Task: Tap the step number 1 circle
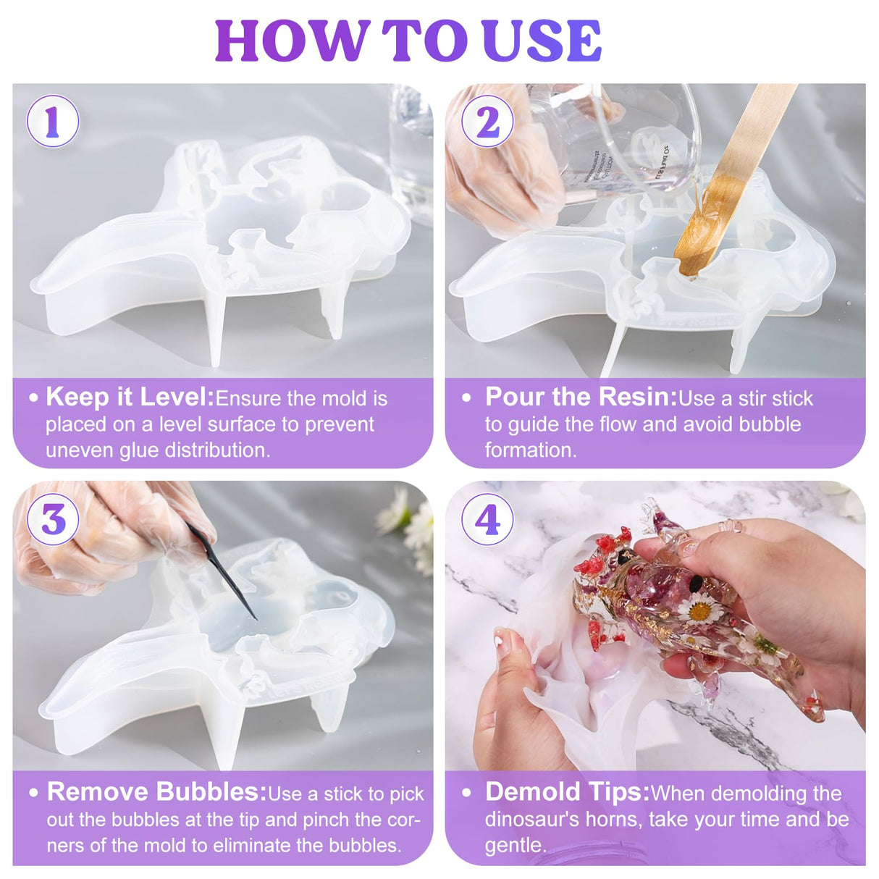click(52, 122)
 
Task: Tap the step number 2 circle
click(487, 122)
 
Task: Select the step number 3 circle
click(52, 519)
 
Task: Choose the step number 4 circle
click(487, 519)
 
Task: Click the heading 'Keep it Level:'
click(130, 397)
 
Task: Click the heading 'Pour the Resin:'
click(581, 397)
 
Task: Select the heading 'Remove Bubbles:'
click(156, 792)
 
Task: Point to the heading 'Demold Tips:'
click(567, 792)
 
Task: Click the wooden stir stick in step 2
click(731, 174)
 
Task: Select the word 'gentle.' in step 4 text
click(516, 845)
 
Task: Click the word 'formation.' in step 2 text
click(531, 450)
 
